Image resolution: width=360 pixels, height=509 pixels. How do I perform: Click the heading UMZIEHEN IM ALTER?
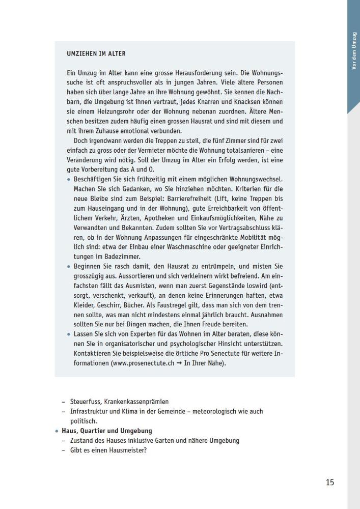[96, 53]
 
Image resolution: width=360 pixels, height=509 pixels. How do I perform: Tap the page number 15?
[330, 482]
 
